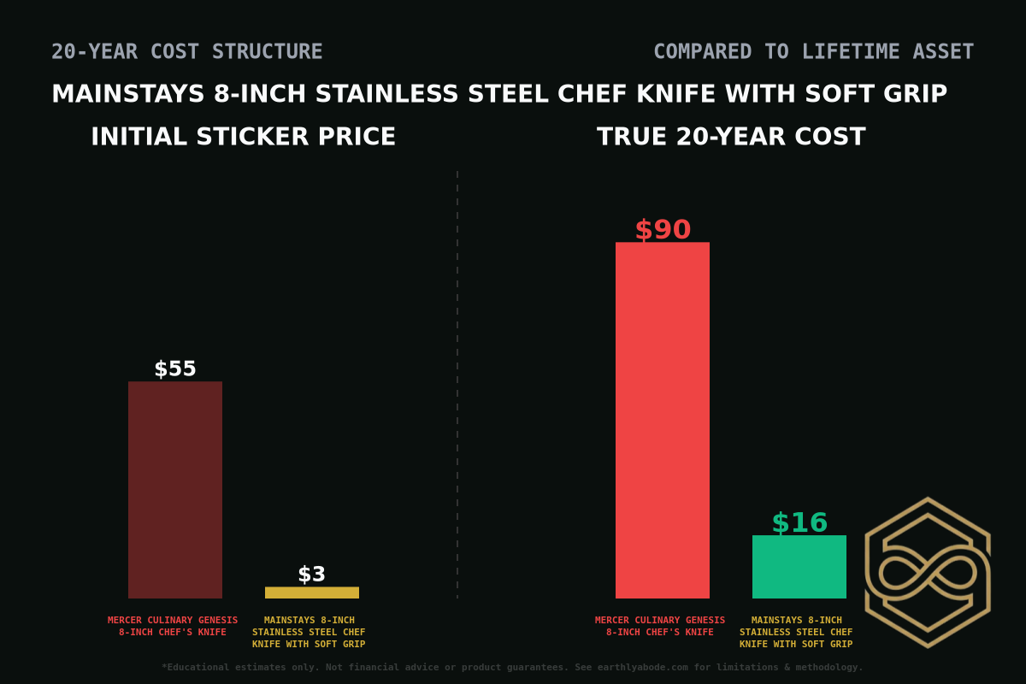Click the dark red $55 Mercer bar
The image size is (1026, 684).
point(175,490)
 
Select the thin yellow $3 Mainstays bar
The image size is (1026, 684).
point(312,593)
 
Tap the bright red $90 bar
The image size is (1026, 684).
point(663,420)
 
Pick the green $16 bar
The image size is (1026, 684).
point(799,567)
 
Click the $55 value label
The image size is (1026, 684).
point(175,369)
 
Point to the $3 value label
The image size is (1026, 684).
point(312,575)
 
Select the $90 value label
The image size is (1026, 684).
point(663,230)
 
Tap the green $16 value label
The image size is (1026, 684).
point(799,522)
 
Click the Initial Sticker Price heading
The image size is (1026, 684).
point(244,137)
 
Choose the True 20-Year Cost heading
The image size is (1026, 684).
point(731,137)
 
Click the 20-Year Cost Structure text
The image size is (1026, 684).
point(187,52)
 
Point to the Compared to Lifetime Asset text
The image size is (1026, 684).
point(813,52)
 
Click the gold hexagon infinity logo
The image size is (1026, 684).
point(928,572)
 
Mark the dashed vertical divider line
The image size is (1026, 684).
point(457,385)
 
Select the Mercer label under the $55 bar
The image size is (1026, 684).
point(173,626)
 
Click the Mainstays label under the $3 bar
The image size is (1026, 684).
point(309,632)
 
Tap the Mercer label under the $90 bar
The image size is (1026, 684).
point(660,626)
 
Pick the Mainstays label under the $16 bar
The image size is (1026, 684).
point(796,632)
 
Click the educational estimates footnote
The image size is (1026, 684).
point(513,667)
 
